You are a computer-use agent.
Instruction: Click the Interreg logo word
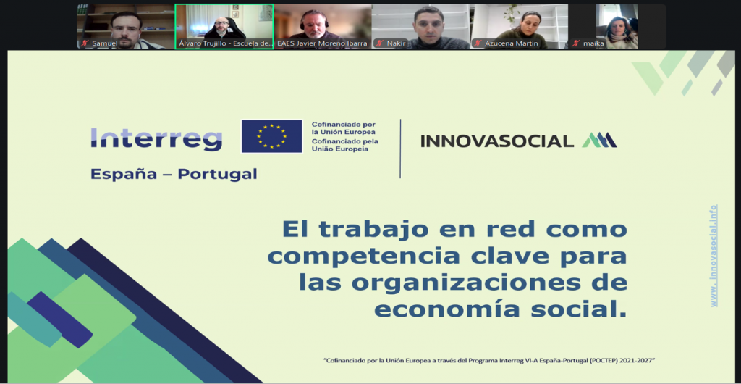156,140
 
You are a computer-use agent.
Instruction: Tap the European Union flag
272,136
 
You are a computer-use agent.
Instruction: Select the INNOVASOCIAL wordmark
497,141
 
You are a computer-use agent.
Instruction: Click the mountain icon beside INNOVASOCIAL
599,140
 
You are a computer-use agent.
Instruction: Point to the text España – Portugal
174,175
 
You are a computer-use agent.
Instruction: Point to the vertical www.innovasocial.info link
713,256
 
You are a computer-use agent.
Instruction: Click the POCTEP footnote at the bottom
489,361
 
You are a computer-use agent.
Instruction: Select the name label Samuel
105,43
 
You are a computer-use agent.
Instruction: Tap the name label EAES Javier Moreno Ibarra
322,43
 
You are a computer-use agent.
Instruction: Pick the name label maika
593,43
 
